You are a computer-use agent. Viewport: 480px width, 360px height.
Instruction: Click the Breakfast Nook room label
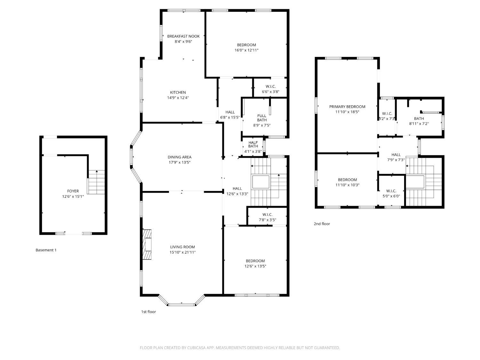(x=183, y=36)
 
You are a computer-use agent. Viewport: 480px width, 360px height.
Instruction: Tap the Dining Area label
(x=180, y=157)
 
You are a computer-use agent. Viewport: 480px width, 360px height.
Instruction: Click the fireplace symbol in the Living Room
(x=147, y=245)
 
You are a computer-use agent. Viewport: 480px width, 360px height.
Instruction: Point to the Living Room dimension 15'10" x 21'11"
(x=182, y=252)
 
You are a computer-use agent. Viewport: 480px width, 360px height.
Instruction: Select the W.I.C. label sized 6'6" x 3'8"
(x=270, y=86)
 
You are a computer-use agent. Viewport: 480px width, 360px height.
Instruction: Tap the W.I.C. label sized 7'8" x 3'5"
(x=267, y=214)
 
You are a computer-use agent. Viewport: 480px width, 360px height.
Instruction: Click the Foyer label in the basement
(x=73, y=191)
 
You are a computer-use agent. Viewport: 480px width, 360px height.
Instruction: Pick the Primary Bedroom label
(x=347, y=107)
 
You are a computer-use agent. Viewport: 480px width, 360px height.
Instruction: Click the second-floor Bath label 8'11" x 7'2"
(x=419, y=118)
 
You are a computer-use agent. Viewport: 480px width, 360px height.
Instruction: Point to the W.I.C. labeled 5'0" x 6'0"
(x=391, y=191)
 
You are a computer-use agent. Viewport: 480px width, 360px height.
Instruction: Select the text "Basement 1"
(x=46, y=250)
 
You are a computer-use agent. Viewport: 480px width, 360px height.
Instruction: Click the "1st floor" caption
(x=148, y=312)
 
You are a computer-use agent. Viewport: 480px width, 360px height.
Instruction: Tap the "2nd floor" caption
(x=322, y=224)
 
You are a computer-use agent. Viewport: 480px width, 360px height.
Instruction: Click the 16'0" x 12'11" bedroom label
(x=246, y=45)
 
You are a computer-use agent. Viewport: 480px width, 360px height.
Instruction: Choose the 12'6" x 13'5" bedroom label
(x=255, y=261)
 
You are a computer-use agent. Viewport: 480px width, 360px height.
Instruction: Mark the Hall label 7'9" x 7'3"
(x=396, y=155)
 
